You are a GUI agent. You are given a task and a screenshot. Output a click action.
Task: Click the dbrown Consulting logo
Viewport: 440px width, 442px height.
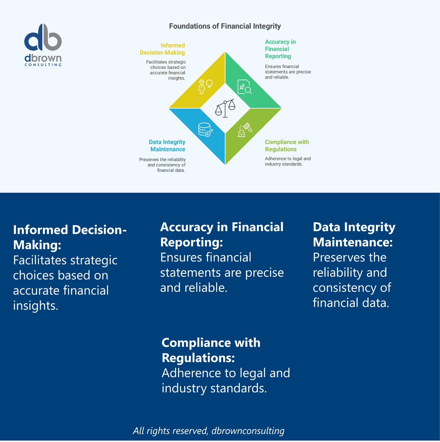[x=43, y=45]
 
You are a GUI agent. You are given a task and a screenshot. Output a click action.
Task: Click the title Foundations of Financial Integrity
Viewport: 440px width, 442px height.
[x=225, y=26]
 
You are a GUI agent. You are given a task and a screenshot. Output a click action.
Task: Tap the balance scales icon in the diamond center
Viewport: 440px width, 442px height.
[x=225, y=108]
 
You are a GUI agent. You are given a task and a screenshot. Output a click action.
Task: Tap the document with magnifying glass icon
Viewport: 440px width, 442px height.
[x=244, y=87]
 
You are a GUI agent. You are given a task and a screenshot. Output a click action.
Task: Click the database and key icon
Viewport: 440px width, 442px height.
[x=205, y=130]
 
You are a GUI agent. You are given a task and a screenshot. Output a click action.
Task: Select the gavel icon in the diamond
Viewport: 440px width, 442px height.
[x=245, y=130]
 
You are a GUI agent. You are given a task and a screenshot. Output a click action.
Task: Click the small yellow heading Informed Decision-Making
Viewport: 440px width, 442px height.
[x=163, y=49]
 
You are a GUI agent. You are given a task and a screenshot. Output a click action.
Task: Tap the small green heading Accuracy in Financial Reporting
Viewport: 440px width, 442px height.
[x=280, y=49]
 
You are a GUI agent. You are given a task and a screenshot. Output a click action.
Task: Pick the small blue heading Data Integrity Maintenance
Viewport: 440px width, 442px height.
[x=167, y=146]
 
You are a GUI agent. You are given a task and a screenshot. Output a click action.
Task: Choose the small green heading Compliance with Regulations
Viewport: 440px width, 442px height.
[x=287, y=146]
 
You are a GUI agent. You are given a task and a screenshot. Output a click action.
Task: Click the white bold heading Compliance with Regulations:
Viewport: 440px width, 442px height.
[x=211, y=350]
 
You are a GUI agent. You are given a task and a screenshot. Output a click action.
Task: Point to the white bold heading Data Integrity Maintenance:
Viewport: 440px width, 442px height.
[x=354, y=235]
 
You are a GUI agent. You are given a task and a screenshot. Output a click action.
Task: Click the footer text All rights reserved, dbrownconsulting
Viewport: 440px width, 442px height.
[x=209, y=431]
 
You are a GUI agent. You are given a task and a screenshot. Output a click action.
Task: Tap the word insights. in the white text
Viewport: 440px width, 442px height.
[x=36, y=305]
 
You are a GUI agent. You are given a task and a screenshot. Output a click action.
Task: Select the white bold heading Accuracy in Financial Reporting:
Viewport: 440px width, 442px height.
[x=221, y=235]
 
